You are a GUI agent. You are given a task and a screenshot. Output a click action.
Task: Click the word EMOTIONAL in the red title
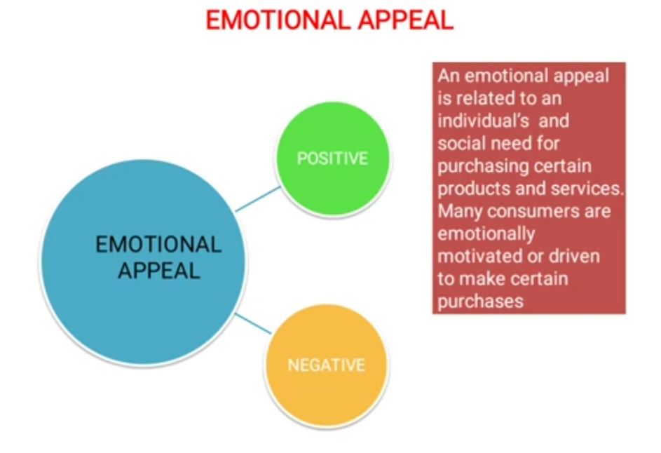(x=275, y=20)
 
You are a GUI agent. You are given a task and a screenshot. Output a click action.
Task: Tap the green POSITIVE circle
(x=332, y=158)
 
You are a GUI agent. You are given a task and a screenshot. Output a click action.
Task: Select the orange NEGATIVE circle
(x=327, y=365)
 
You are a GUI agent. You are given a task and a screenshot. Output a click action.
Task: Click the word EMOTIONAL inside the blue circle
(x=158, y=245)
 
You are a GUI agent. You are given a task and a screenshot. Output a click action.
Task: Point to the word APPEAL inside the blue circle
(x=158, y=271)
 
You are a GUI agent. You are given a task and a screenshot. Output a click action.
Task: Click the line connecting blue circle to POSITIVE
(x=257, y=199)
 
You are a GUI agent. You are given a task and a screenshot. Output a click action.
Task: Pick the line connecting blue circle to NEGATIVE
(x=253, y=323)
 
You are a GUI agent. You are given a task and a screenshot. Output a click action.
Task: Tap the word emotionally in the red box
(x=486, y=234)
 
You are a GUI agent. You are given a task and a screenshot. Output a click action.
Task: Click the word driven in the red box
(x=573, y=256)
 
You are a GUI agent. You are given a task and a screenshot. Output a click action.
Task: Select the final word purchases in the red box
(x=481, y=301)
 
